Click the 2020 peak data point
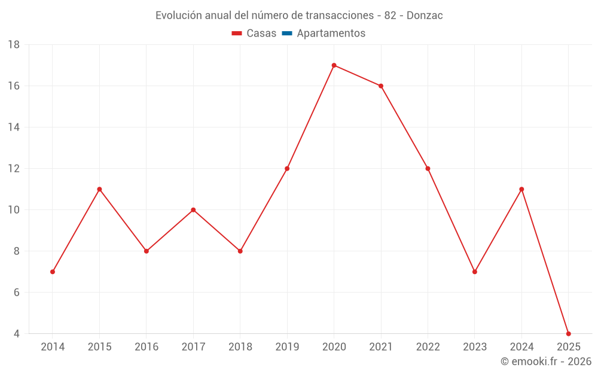click(334, 65)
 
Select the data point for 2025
click(568, 333)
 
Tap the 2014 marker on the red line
click(53, 272)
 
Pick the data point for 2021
click(381, 86)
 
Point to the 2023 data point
click(475, 272)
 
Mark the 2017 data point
click(193, 210)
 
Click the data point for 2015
click(99, 189)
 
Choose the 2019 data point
click(287, 169)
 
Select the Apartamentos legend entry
click(331, 34)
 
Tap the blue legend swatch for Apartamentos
click(287, 34)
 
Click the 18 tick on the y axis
click(14, 45)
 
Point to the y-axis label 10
click(14, 210)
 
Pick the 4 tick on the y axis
click(17, 333)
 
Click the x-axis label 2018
click(240, 346)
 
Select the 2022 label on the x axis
click(428, 346)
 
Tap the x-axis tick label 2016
click(147, 346)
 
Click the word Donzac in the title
click(425, 16)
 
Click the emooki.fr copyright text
click(546, 361)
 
